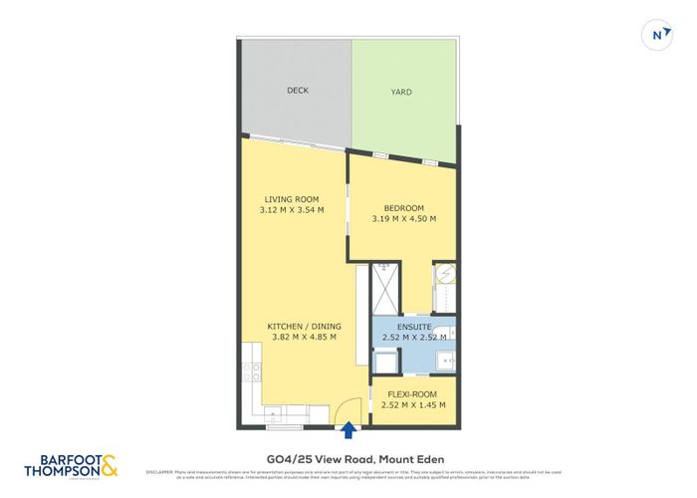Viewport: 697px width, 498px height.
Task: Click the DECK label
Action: [298, 91]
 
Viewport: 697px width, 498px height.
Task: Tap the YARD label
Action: [399, 93]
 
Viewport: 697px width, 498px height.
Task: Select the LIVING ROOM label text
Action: [291, 199]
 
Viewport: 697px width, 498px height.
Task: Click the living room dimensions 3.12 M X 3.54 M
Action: [291, 210]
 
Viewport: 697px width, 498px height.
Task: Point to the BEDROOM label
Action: [404, 208]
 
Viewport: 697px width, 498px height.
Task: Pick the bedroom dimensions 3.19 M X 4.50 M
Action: [403, 219]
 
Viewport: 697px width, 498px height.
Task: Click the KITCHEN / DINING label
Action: [304, 326]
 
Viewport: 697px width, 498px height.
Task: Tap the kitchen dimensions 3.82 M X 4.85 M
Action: [304, 337]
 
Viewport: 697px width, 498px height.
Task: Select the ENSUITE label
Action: [412, 327]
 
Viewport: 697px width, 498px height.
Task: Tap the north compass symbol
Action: [656, 34]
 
